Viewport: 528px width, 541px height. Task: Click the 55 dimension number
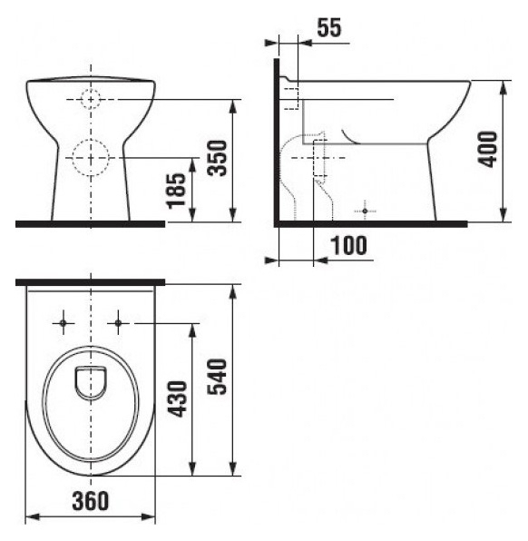329,27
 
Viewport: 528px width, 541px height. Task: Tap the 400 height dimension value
488,149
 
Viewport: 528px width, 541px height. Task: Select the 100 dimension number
348,246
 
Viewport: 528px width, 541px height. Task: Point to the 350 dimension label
218,158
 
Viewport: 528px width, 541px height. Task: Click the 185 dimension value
177,191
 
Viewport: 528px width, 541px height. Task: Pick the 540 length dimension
217,377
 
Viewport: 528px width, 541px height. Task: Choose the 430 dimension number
177,398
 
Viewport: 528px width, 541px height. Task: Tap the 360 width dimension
91,501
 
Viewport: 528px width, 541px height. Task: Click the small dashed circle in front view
91,99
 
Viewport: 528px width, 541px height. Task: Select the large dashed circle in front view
91,158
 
